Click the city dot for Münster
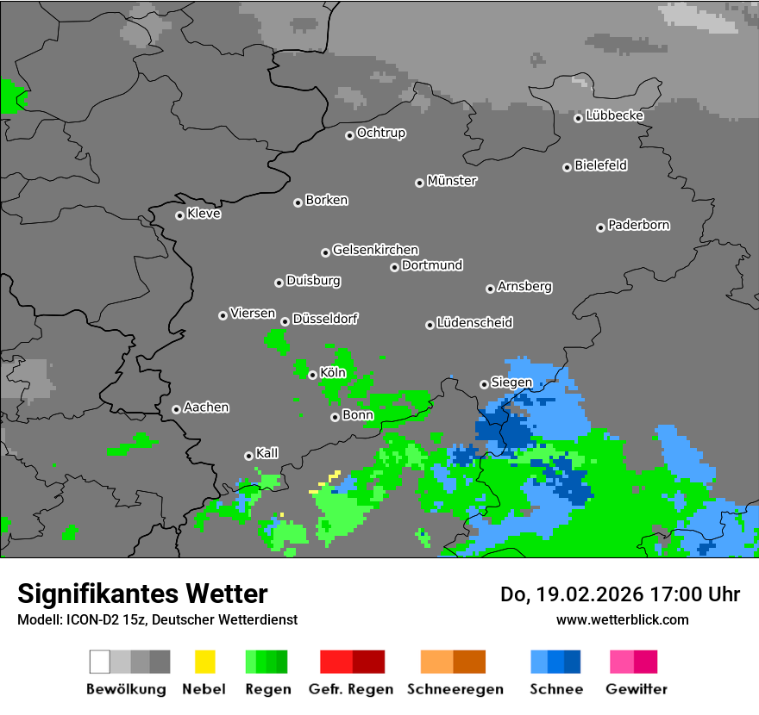(x=419, y=183)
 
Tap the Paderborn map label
(x=639, y=226)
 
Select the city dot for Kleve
(x=179, y=215)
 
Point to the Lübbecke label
(x=614, y=115)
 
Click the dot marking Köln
(x=312, y=375)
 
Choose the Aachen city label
(x=206, y=407)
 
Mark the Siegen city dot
(x=484, y=384)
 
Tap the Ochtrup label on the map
(x=381, y=134)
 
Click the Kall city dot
(x=248, y=456)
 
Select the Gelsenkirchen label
(x=375, y=251)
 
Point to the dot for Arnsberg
(x=490, y=289)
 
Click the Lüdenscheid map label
(x=474, y=323)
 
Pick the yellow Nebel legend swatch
(x=204, y=662)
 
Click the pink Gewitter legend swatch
(x=623, y=662)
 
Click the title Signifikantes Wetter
(x=142, y=594)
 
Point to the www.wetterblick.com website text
(x=622, y=619)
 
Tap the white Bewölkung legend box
(x=100, y=662)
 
